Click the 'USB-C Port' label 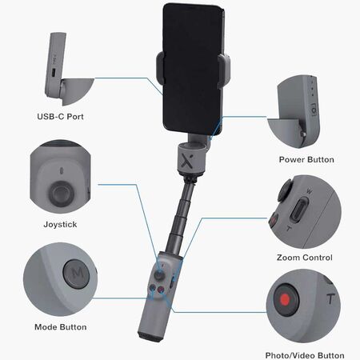point(60,117)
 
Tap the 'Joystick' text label point(60,224)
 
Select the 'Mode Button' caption point(61,327)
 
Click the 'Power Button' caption point(306,159)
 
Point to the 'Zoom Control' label point(305,258)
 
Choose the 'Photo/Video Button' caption point(305,355)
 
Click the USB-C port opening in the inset point(54,72)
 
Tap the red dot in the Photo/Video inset point(285,299)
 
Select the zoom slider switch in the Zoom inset point(299,210)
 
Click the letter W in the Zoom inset point(309,191)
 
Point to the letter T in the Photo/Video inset point(330,298)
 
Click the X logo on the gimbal point(187,161)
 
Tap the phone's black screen point(192,68)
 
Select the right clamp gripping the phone point(224,70)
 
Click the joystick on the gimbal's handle point(160,274)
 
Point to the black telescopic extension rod point(181,216)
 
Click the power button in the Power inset point(314,110)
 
